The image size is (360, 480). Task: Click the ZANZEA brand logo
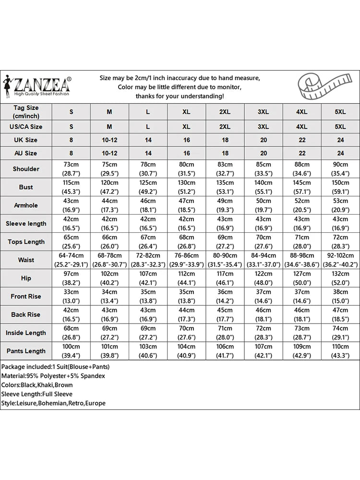[37, 86]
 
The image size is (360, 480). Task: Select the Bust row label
[26, 187]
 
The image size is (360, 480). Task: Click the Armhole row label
[26, 205]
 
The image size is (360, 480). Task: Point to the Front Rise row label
[26, 296]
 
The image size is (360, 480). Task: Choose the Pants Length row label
[26, 351]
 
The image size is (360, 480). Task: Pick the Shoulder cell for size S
[71, 168]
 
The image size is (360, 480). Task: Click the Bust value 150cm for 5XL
[340, 187]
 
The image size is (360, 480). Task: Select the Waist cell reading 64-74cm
[71, 260]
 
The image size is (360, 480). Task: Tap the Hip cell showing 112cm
[186, 278]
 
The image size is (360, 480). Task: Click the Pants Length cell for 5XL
[340, 351]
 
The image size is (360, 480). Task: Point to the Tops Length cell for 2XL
[225, 241]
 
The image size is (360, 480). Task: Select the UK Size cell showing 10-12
[109, 140]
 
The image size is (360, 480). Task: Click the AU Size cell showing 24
[340, 153]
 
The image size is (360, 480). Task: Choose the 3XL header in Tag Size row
[263, 112]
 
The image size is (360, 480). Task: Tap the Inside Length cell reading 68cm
[71, 333]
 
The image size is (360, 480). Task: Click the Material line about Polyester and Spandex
[53, 376]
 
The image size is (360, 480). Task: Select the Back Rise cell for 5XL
[340, 314]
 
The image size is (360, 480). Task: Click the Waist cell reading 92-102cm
[340, 260]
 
